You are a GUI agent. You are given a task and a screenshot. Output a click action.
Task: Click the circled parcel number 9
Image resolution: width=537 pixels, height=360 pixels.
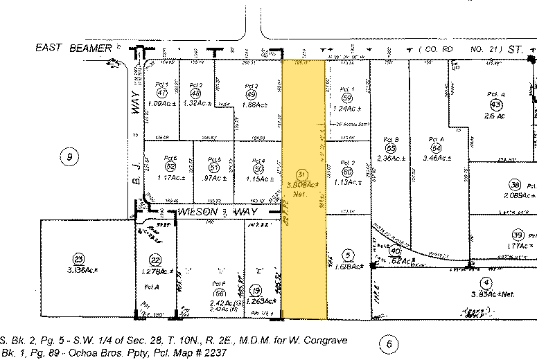pyautogui.click(x=69, y=157)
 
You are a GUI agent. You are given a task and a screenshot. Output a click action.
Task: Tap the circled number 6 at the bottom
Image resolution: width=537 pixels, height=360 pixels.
pyautogui.click(x=389, y=343)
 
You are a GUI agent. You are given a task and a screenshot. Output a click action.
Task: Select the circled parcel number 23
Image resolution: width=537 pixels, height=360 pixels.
pyautogui.click(x=79, y=258)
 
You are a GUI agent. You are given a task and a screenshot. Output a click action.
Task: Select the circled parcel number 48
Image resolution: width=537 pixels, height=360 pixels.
pyautogui.click(x=195, y=93)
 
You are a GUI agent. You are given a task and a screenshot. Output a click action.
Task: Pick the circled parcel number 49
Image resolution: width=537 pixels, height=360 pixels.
pyautogui.click(x=251, y=95)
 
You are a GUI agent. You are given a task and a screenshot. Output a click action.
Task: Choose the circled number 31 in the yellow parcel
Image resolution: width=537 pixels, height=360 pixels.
pyautogui.click(x=301, y=174)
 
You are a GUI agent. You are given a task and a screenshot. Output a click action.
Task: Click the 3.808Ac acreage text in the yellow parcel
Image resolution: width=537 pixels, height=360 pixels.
pyautogui.click(x=302, y=184)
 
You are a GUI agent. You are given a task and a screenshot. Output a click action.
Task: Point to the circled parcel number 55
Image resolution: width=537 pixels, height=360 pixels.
pyautogui.click(x=391, y=147)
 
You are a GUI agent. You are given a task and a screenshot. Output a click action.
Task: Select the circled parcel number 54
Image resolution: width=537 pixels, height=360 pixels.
pyautogui.click(x=436, y=147)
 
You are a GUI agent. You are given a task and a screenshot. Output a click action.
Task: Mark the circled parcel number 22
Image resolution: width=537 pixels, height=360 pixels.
pyautogui.click(x=155, y=260)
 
